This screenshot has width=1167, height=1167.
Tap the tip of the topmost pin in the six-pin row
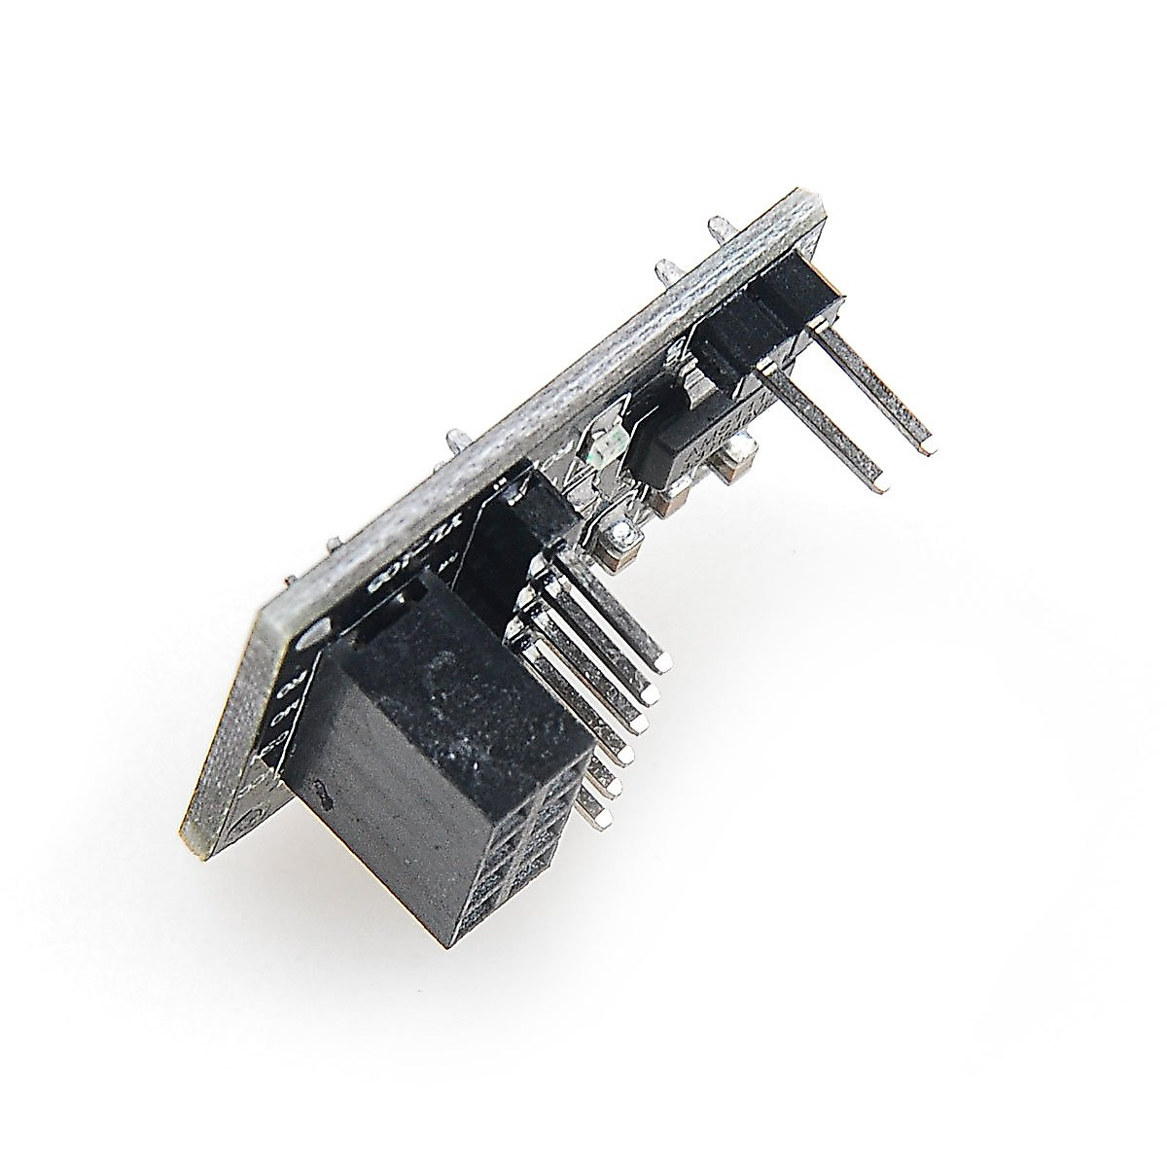pyautogui.click(x=665, y=664)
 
